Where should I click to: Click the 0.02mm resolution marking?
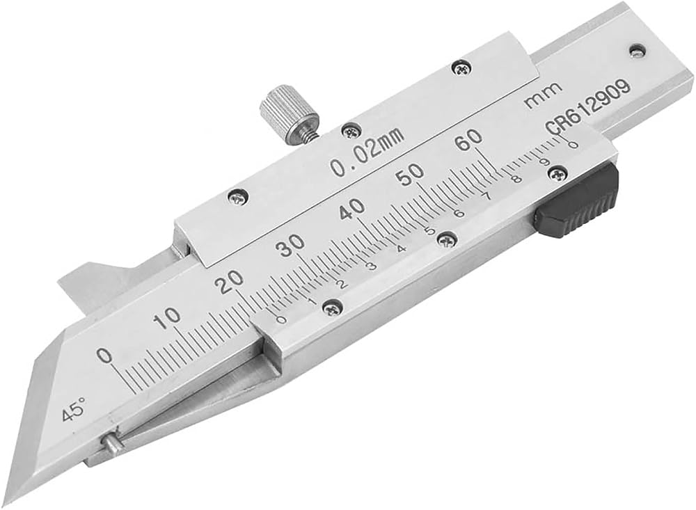tap(367, 151)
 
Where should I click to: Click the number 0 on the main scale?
tap(105, 356)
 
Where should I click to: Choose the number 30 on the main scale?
tap(290, 245)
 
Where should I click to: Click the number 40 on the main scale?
tap(352, 208)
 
